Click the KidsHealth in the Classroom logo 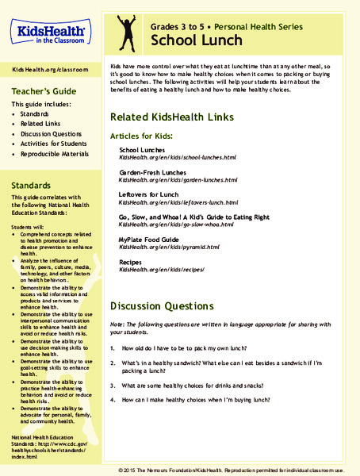click(48, 29)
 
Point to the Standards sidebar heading click(33, 184)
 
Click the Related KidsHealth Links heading click(172, 117)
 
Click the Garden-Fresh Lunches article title click(152, 172)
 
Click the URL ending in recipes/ click(162, 270)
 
